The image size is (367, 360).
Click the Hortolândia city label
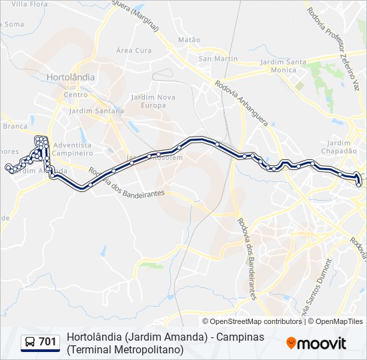(x=71, y=77)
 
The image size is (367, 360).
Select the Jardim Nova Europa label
(x=153, y=101)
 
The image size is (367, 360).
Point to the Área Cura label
(x=133, y=50)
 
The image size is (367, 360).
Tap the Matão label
(x=189, y=40)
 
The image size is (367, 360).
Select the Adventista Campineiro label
(x=72, y=149)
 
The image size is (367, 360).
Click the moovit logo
(x=316, y=343)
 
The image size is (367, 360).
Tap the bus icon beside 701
(x=29, y=342)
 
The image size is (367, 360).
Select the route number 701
(x=47, y=342)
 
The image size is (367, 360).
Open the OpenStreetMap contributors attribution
(x=256, y=321)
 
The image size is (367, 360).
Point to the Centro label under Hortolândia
(x=71, y=95)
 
